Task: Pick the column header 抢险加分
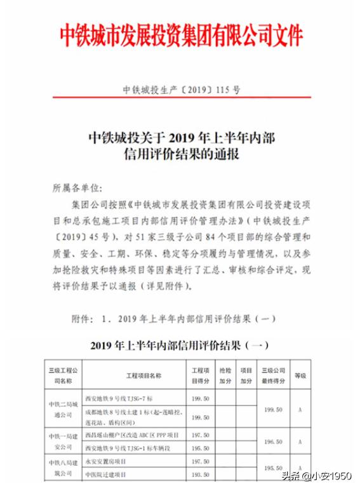225,375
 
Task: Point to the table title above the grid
180,346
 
